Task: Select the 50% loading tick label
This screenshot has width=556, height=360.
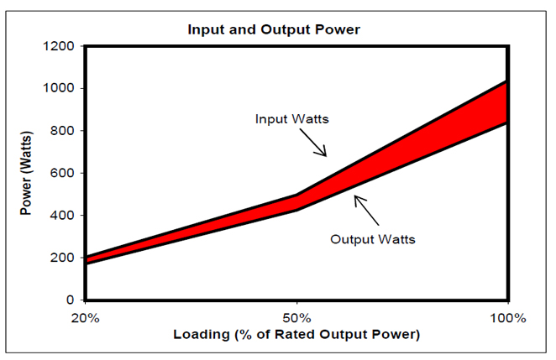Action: (296, 318)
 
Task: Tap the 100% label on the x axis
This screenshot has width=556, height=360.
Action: (508, 318)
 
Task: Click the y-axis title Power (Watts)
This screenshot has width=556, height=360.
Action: (27, 173)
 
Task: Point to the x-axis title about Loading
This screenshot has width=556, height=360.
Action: (296, 335)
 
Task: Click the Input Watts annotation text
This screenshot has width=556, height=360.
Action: (291, 118)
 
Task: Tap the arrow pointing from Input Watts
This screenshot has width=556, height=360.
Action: (316, 145)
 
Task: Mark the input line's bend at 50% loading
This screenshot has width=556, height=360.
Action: (296, 195)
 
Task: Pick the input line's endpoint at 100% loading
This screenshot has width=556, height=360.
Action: (507, 81)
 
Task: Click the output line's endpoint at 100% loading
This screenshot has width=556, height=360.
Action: (507, 123)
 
